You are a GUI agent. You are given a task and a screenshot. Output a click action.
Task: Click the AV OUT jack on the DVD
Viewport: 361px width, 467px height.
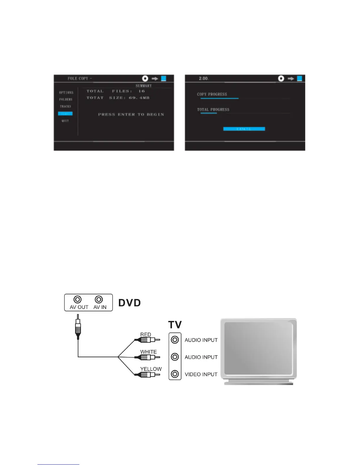(78, 300)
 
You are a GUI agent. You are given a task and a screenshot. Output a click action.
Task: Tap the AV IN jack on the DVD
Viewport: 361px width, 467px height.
(99, 300)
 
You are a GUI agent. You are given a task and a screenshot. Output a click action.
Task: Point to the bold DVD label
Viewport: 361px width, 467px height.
(129, 303)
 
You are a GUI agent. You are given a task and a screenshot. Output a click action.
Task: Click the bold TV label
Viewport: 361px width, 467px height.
(175, 325)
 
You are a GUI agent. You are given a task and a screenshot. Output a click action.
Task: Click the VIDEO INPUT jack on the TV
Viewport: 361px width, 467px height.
(175, 374)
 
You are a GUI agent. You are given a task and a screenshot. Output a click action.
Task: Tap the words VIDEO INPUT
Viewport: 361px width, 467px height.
(201, 374)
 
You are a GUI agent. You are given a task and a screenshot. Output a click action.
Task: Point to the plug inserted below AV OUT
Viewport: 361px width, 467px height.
(78, 327)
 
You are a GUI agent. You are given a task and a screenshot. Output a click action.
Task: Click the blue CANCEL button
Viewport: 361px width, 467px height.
(244, 129)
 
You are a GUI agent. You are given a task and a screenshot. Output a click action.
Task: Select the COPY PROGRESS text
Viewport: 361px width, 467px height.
(212, 94)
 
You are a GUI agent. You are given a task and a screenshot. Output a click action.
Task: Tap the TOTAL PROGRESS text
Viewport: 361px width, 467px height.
(213, 110)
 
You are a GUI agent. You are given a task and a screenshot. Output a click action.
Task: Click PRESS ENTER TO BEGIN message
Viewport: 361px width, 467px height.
(131, 114)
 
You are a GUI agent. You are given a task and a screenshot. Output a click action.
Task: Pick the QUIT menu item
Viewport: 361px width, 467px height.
(65, 121)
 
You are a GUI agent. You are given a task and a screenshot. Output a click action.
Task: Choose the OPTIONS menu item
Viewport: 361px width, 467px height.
(66, 93)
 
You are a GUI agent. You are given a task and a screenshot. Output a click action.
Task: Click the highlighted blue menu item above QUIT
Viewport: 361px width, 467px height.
(65, 114)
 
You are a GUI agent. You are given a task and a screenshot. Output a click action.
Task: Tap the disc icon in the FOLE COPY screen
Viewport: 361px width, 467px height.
(145, 78)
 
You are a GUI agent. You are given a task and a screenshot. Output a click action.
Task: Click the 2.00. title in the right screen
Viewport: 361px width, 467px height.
(204, 78)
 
